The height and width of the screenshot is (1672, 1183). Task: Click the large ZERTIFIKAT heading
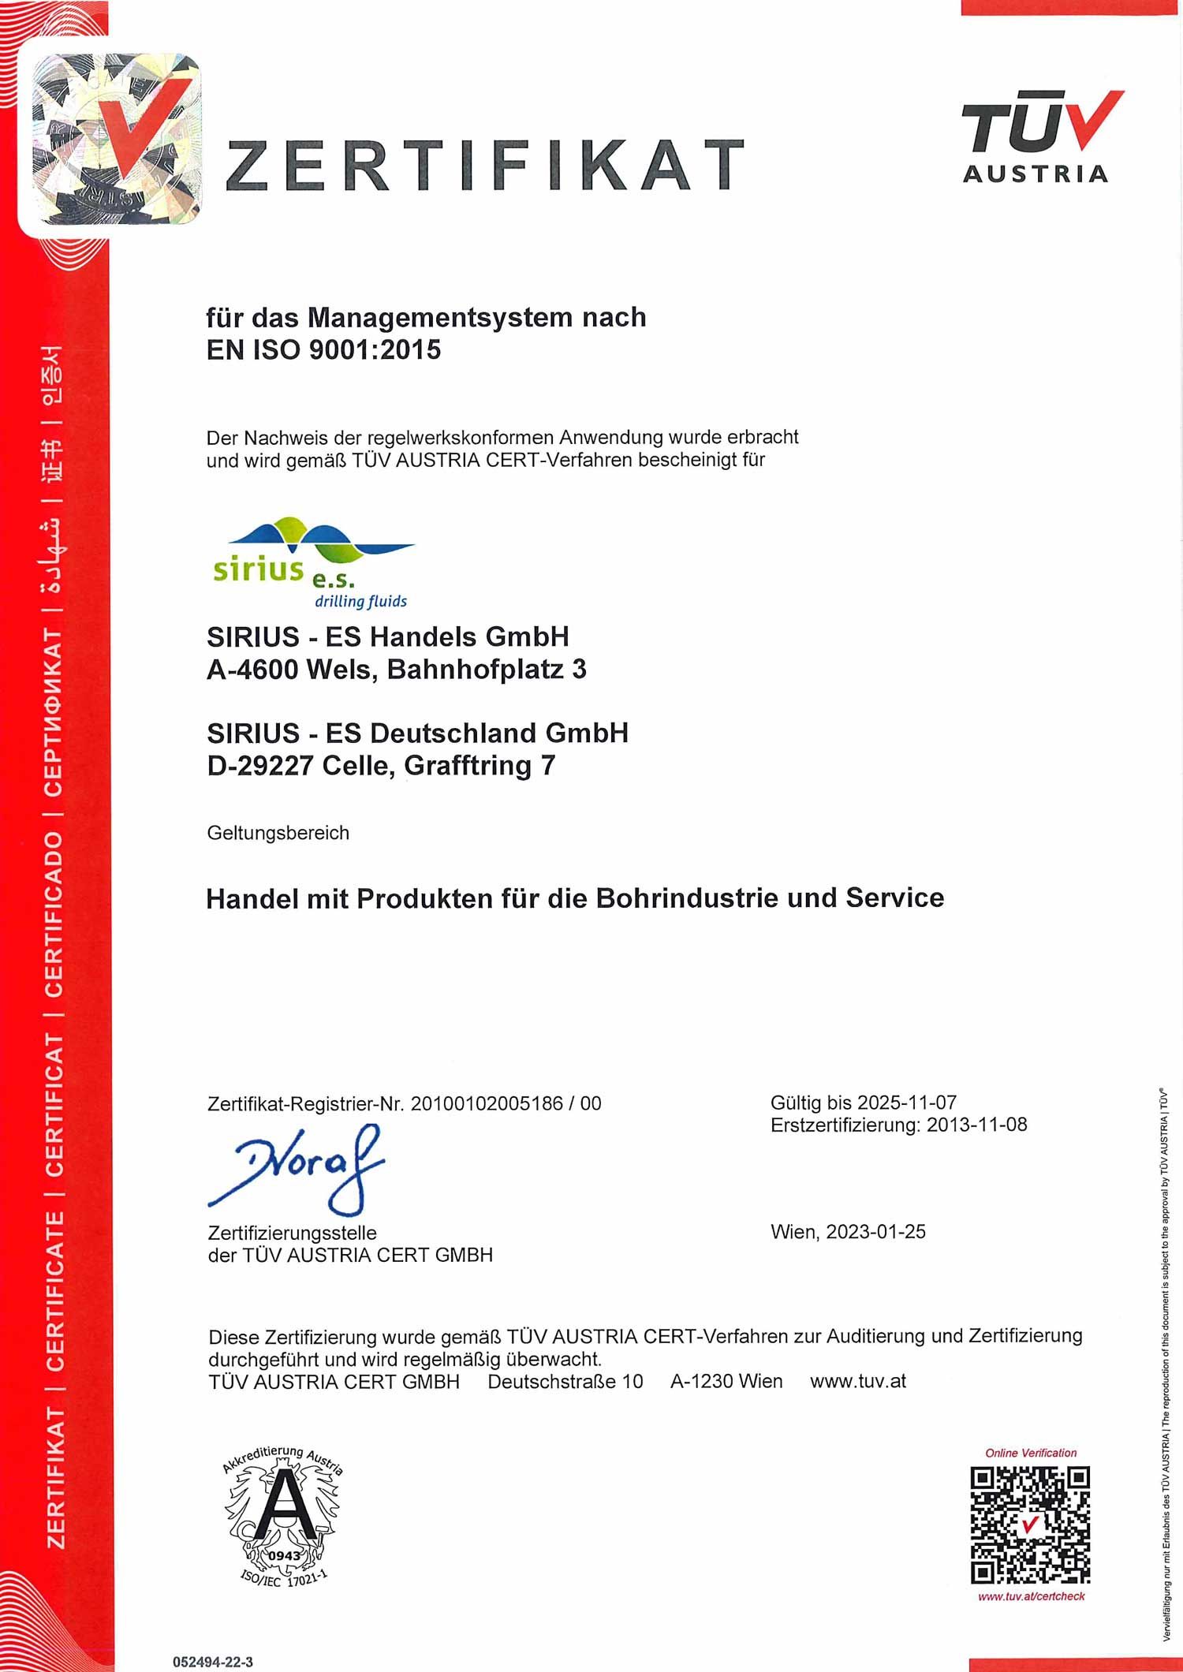(484, 166)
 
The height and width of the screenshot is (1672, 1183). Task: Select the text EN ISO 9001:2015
(323, 349)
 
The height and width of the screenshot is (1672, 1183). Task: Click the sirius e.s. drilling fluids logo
(314, 563)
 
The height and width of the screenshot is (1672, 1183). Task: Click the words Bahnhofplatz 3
(487, 670)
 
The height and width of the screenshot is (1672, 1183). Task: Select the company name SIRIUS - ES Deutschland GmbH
(417, 733)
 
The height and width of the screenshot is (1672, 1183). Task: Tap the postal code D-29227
(259, 765)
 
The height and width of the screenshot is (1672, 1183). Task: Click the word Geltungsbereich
(278, 833)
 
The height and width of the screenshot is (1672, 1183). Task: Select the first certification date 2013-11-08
(976, 1125)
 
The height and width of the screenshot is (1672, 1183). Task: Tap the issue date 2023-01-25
(875, 1232)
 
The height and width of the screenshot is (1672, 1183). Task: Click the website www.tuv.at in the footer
(857, 1381)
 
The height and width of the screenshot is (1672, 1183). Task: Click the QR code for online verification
(1030, 1525)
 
